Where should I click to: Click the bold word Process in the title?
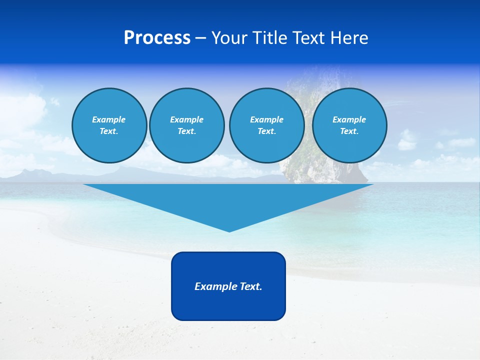(157, 38)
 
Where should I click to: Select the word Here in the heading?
(349, 38)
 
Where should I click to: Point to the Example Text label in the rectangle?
(228, 286)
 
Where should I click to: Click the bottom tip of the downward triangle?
(229, 230)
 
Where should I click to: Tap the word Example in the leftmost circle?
(109, 119)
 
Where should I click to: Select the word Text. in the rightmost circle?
(349, 131)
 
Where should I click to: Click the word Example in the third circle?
(266, 119)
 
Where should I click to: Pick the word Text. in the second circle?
(186, 131)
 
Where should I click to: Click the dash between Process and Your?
(200, 38)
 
